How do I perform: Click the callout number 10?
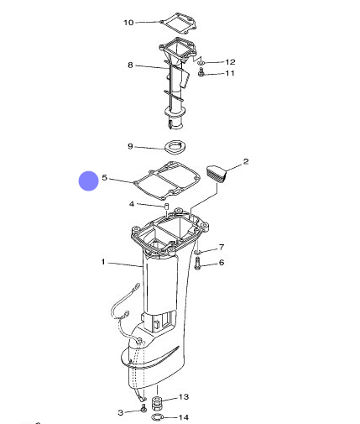point(128,23)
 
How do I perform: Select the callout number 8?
point(130,65)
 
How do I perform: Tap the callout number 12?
point(230,62)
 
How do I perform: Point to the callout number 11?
point(230,73)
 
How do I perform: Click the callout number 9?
point(130,146)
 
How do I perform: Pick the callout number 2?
point(246,161)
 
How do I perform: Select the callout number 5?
point(105,177)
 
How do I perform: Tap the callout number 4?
point(132,204)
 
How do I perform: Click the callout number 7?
point(222,247)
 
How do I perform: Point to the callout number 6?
point(222,262)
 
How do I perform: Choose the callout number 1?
point(103,262)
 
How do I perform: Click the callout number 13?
point(184,397)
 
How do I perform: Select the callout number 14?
point(184,417)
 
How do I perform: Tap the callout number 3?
point(121,412)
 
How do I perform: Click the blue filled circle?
point(88,181)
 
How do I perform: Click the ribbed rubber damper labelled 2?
point(217,174)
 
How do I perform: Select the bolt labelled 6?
point(198,264)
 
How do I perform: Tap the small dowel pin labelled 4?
point(166,207)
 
